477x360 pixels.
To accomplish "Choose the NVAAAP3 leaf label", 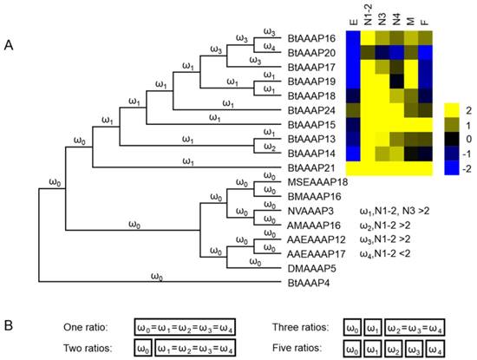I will [x=311, y=211].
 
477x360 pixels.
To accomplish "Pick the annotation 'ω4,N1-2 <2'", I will [x=389, y=253].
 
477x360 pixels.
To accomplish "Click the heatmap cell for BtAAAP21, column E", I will [x=352, y=167].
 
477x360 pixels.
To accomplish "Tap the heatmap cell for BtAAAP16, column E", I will [x=352, y=39].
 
